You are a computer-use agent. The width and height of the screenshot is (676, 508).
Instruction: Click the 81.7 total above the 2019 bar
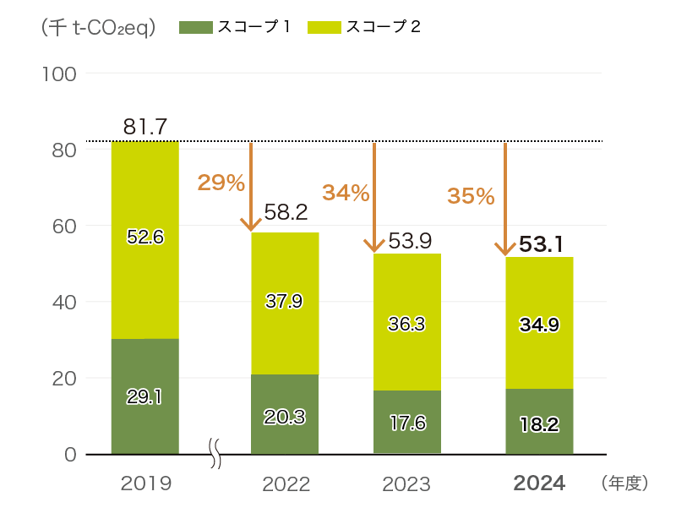coord(144,127)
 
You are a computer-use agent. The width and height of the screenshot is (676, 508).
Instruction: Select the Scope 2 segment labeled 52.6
coord(144,238)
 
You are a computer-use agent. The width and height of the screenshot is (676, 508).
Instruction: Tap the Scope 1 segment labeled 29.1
coord(144,396)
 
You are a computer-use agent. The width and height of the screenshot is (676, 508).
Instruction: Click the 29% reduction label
coord(221,182)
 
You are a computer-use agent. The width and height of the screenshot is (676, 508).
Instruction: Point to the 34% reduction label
coord(346,194)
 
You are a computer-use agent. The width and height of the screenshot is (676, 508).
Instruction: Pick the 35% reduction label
coord(471,197)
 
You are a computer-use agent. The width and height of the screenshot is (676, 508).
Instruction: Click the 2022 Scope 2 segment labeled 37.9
coord(285,302)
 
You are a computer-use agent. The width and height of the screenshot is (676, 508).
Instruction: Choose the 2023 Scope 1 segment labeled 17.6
coord(407,423)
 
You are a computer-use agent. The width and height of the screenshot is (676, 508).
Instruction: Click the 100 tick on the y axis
coord(59,74)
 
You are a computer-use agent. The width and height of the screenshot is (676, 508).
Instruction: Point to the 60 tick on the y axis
coord(63,226)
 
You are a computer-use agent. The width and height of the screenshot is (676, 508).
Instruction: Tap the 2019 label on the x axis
coord(146,484)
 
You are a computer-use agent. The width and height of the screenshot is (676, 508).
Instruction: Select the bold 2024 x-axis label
coord(540,484)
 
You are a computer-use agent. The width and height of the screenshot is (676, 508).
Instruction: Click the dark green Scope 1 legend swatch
coord(195,27)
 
